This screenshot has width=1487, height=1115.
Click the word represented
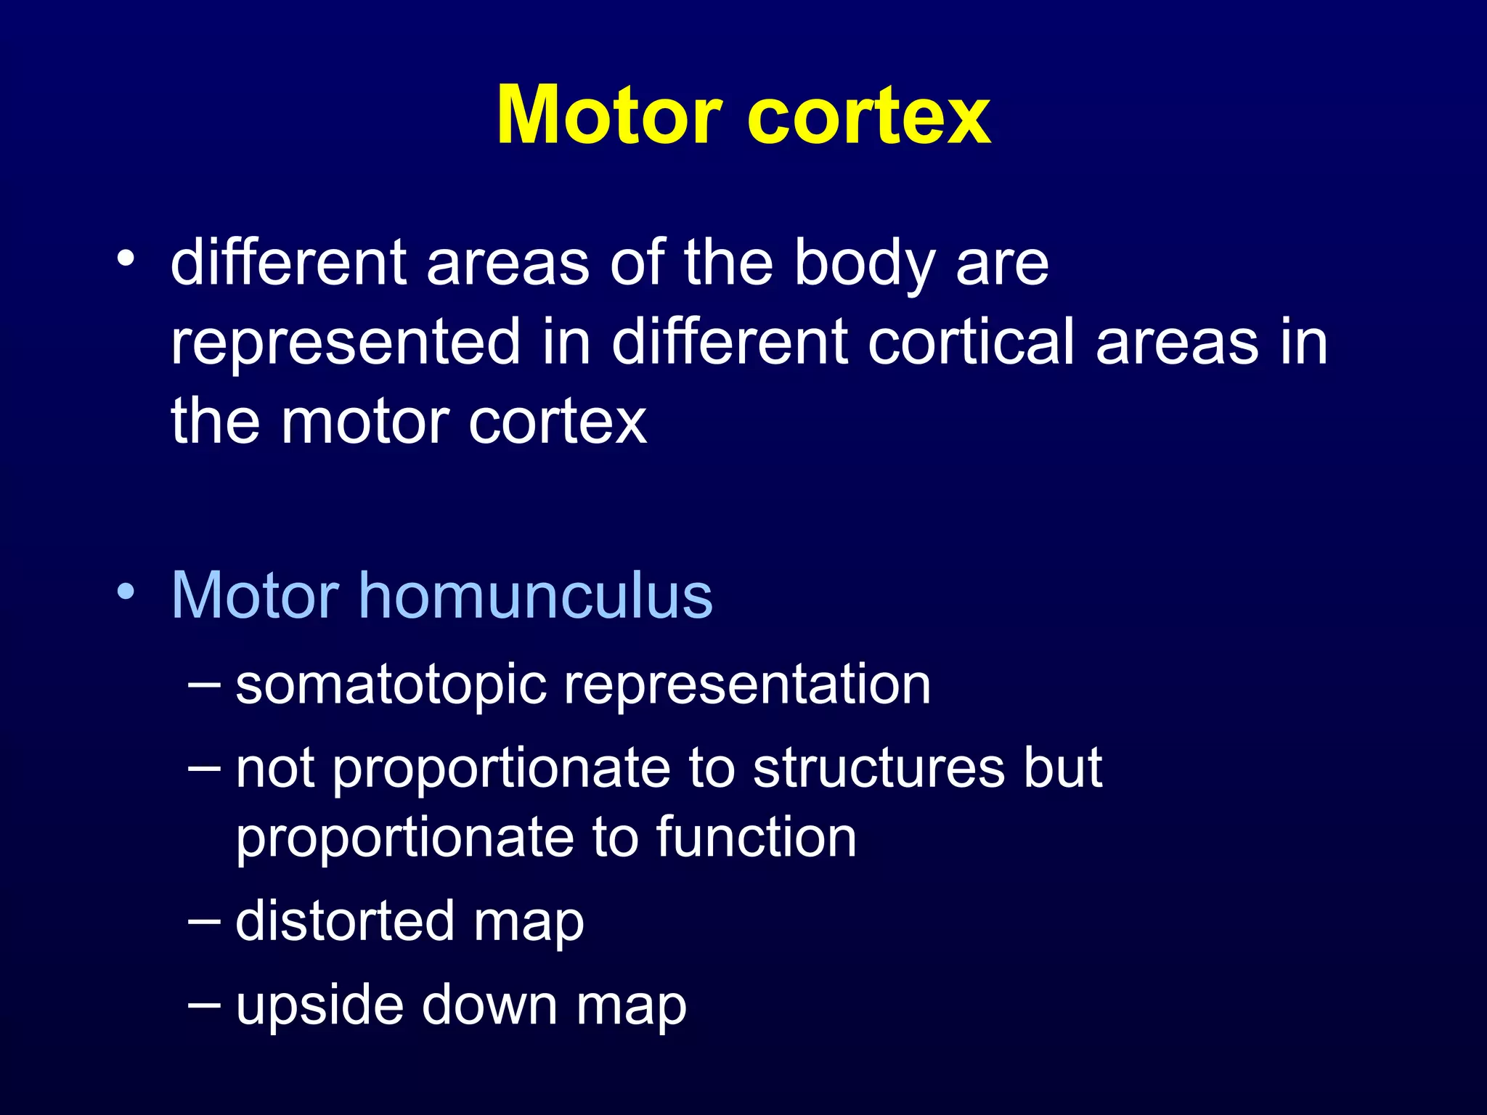pos(346,343)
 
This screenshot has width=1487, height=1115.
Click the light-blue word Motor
pos(255,595)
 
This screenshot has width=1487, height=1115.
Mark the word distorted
pos(346,920)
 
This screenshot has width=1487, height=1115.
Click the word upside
pos(319,1005)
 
